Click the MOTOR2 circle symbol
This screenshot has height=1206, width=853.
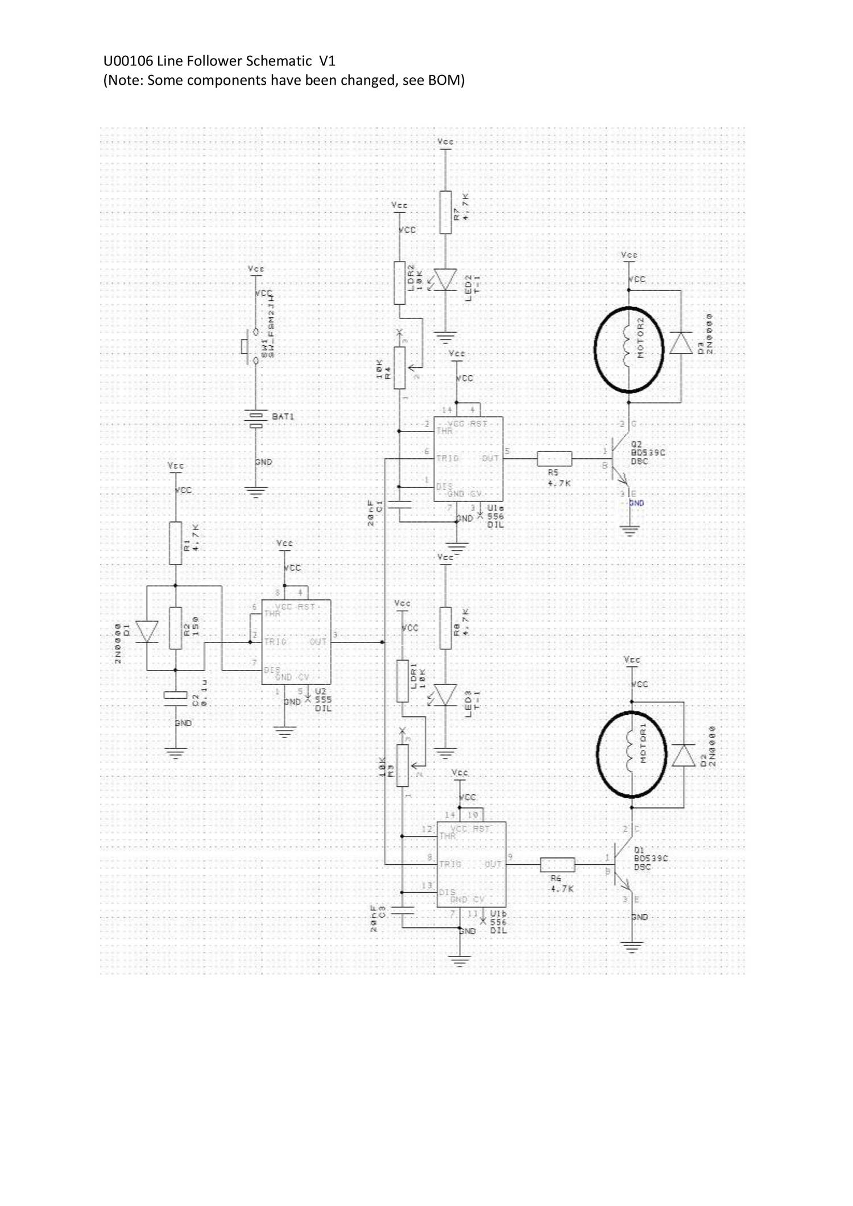(x=629, y=350)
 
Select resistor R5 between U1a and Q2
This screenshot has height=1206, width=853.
(x=554, y=458)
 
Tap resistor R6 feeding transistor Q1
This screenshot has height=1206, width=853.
(x=557, y=865)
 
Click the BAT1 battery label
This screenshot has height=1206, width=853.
(x=283, y=417)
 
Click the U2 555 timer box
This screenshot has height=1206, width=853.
(x=296, y=642)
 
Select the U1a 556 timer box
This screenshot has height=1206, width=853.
(x=468, y=458)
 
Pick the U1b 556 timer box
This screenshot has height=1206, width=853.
(x=471, y=864)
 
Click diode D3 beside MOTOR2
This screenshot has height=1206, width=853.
(x=681, y=343)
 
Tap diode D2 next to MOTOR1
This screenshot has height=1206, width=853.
(x=684, y=755)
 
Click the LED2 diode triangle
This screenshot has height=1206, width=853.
(x=445, y=279)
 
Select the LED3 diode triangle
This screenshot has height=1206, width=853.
(x=445, y=695)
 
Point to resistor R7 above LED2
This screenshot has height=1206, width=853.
(x=445, y=212)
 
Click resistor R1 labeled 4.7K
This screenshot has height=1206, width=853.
(x=176, y=543)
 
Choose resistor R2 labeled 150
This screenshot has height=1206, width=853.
(x=176, y=628)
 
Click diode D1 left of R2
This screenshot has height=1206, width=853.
(x=147, y=631)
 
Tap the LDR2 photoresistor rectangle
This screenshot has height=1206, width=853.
(x=400, y=283)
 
